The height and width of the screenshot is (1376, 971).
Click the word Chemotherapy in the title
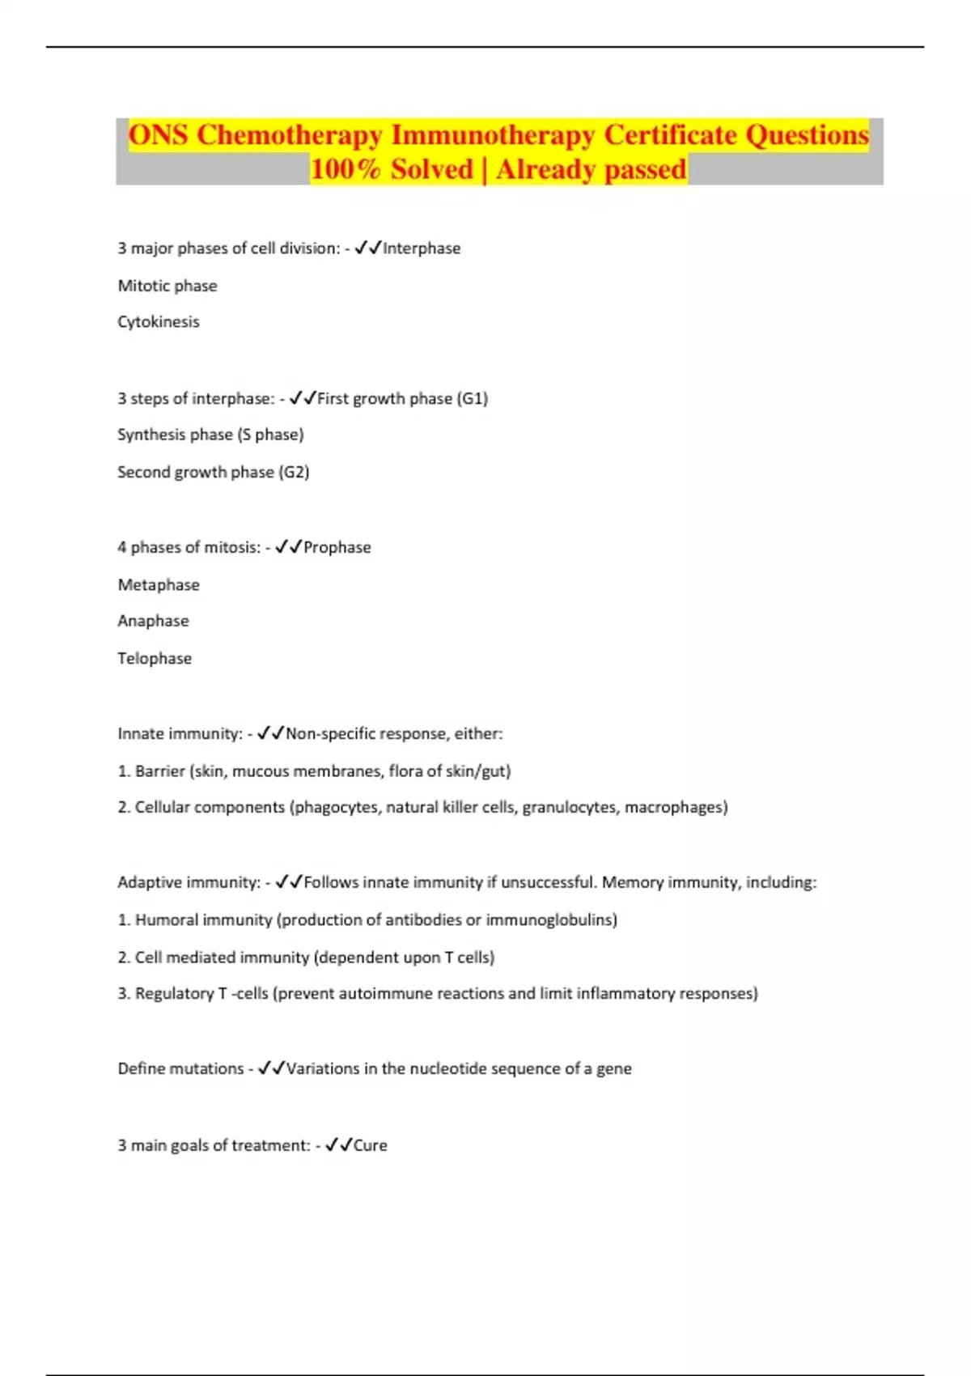(289, 134)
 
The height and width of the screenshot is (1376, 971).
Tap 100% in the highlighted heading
(346, 169)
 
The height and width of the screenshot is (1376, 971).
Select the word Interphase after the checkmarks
(422, 248)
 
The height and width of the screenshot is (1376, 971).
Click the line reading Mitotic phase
(167, 286)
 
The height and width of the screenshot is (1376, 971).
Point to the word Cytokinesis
(159, 322)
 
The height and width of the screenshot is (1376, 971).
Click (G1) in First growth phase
(473, 398)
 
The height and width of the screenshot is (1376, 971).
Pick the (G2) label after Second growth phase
(295, 472)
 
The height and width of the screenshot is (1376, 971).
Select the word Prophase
(337, 547)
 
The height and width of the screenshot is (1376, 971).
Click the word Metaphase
(159, 584)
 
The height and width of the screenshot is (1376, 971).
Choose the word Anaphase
(154, 621)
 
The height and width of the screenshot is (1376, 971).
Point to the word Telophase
(155, 658)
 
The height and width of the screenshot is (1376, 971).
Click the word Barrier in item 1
(159, 771)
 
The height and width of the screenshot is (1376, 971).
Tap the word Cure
(371, 1145)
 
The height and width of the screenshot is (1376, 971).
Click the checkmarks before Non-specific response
(271, 733)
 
